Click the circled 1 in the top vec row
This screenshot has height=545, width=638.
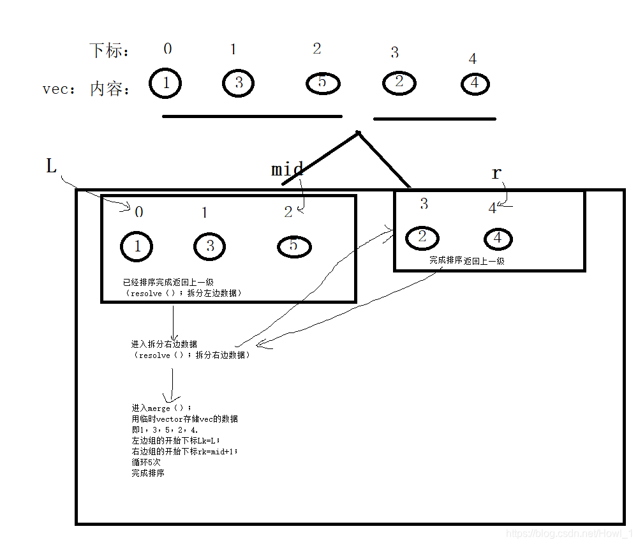click(165, 83)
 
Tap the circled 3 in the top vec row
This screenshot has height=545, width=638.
click(239, 83)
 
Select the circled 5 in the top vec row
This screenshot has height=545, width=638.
click(322, 83)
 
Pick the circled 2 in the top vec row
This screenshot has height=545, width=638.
click(399, 82)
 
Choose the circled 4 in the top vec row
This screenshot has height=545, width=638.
click(475, 84)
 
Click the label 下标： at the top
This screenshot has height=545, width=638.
click(109, 50)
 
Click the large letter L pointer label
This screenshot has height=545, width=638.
click(52, 167)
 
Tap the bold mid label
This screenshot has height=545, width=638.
click(287, 170)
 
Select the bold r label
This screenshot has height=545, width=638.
click(497, 172)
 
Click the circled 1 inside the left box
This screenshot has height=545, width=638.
click(137, 246)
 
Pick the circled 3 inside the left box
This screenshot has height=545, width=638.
click(210, 246)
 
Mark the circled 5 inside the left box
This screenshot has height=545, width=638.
click(293, 246)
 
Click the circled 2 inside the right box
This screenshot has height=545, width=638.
click(422, 237)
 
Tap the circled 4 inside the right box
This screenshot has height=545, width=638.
click(499, 239)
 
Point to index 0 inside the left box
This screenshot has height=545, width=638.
click(138, 212)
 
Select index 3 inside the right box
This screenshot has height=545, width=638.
click(424, 204)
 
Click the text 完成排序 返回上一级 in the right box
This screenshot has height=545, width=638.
click(466, 260)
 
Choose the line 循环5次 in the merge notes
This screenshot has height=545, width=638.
click(146, 462)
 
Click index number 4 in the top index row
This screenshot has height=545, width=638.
click(472, 59)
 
